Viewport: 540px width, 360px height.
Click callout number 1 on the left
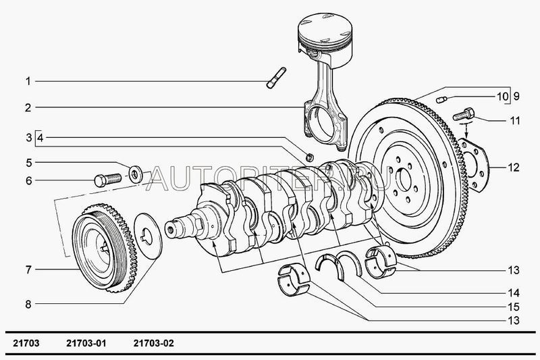click(x=28, y=82)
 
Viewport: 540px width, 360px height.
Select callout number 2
click(x=28, y=107)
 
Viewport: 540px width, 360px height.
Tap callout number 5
click(x=28, y=163)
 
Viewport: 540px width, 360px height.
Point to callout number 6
click(x=28, y=180)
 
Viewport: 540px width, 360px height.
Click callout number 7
click(x=28, y=270)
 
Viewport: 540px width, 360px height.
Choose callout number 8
click(x=28, y=305)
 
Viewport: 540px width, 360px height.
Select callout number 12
click(x=515, y=166)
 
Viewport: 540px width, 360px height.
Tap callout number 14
click(x=515, y=293)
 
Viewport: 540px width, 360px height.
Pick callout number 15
click(x=515, y=306)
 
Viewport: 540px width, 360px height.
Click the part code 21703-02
click(x=154, y=343)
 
